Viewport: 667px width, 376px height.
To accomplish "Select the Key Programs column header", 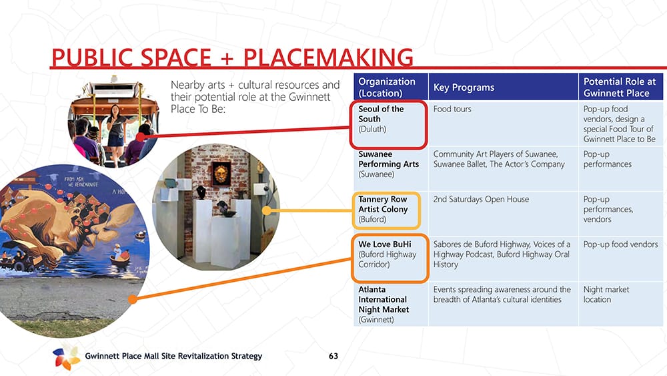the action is pyautogui.click(x=503, y=87).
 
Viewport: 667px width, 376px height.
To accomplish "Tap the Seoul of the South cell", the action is pyautogui.click(x=388, y=124).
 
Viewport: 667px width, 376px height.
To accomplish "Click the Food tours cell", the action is pyautogui.click(x=503, y=124).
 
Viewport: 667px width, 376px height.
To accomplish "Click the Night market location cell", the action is pyautogui.click(x=620, y=304).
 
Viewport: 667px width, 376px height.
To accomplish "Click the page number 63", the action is pyautogui.click(x=333, y=356).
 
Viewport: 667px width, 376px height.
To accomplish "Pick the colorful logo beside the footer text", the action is pyautogui.click(x=66, y=357).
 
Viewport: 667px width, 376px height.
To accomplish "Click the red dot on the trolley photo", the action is pyautogui.click(x=141, y=137).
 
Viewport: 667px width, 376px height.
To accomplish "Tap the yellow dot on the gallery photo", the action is pyautogui.click(x=267, y=210).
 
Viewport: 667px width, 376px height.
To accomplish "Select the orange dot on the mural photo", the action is pyautogui.click(x=133, y=299).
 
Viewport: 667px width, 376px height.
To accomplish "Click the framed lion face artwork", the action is pyautogui.click(x=221, y=174).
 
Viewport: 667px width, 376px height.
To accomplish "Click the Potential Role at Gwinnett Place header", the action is pyautogui.click(x=620, y=87).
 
